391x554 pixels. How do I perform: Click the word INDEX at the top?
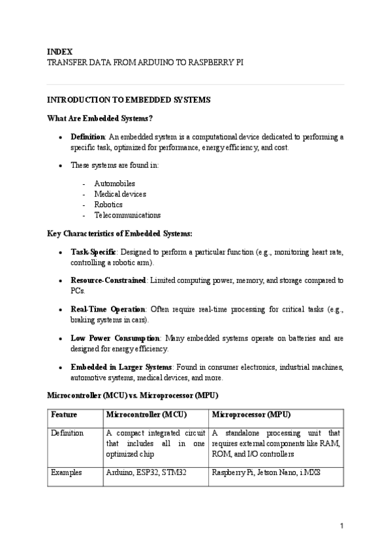pyautogui.click(x=59, y=51)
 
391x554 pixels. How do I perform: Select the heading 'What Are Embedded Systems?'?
pyautogui.click(x=100, y=118)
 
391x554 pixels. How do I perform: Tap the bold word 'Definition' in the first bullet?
pyautogui.click(x=87, y=137)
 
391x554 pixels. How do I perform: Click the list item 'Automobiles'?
pyautogui.click(x=114, y=184)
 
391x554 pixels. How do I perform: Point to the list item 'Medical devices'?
pyautogui.click(x=119, y=194)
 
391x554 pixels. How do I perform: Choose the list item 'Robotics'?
pyautogui.click(x=108, y=204)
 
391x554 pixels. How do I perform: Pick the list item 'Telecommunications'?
pyautogui.click(x=127, y=215)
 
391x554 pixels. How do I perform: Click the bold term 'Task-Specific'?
pyautogui.click(x=93, y=252)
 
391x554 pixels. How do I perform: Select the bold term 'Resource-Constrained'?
pyautogui.click(x=108, y=280)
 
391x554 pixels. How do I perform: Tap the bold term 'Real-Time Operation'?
pyautogui.click(x=108, y=309)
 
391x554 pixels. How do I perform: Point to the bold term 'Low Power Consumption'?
pyautogui.click(x=115, y=338)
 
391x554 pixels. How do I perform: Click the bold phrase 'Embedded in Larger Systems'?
pyautogui.click(x=121, y=367)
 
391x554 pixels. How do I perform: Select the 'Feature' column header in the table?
pyautogui.click(x=63, y=415)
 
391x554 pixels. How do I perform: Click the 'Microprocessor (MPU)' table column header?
pyautogui.click(x=251, y=415)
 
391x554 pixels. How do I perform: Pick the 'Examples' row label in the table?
pyautogui.click(x=67, y=472)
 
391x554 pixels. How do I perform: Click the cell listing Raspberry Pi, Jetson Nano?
pyautogui.click(x=261, y=472)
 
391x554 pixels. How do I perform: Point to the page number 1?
pyautogui.click(x=341, y=526)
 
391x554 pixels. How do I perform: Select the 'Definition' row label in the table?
pyautogui.click(x=67, y=433)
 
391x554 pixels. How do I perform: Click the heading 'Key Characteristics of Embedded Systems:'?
pyautogui.click(x=119, y=233)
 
